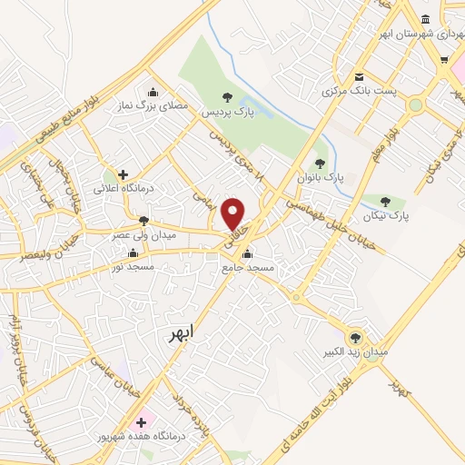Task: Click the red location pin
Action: pyautogui.click(x=234, y=213)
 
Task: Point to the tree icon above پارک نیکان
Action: pyautogui.click(x=386, y=202)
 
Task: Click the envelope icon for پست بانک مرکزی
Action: pyautogui.click(x=360, y=77)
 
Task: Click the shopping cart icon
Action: pyautogui.click(x=444, y=62)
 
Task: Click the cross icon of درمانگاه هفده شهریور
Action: pyautogui.click(x=141, y=423)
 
